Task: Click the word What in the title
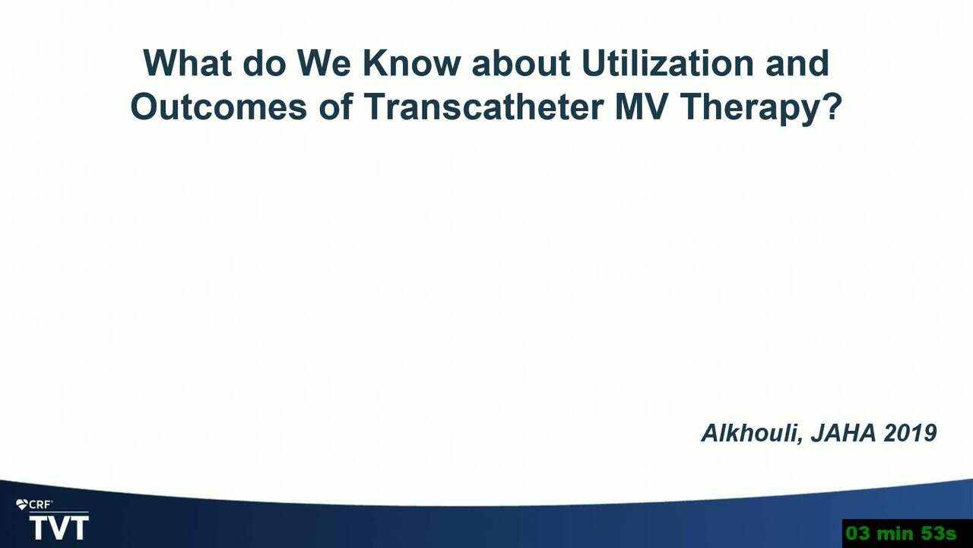point(187,63)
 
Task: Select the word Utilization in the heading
point(667,63)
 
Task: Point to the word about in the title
point(521,63)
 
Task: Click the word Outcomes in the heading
point(219,107)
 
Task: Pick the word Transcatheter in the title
point(483,107)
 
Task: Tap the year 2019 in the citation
point(911,433)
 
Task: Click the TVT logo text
point(59,528)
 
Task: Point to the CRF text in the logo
point(40,505)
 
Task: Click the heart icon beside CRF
point(22,505)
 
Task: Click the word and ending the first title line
point(797,63)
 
